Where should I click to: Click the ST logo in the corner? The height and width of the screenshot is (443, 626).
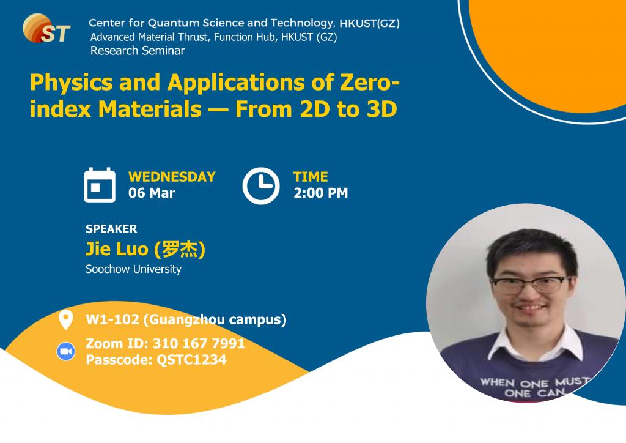pos(46,28)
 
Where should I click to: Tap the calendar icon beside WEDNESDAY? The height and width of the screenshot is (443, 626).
pos(100,185)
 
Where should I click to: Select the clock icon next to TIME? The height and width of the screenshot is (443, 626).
pos(261,186)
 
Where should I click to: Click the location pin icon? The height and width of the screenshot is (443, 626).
pos(65,319)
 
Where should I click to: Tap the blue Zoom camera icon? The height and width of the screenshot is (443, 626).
pos(66,351)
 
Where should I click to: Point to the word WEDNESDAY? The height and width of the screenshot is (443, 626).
pos(172,177)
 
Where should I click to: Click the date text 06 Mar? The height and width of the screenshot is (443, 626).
pos(152,193)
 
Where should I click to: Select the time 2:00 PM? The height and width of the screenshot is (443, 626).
pos(320,193)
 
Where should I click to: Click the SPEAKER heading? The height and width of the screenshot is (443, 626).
pos(111,229)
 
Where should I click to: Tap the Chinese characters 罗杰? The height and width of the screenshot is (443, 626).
pos(180,249)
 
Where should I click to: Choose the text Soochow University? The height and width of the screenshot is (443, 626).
pos(133,269)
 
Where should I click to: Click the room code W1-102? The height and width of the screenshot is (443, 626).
pos(112,319)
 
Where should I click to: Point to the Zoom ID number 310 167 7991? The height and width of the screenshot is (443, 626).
pos(199,343)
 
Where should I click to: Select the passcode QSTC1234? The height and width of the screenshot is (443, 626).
pos(191,360)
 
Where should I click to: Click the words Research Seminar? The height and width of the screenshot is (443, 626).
pos(138,51)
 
